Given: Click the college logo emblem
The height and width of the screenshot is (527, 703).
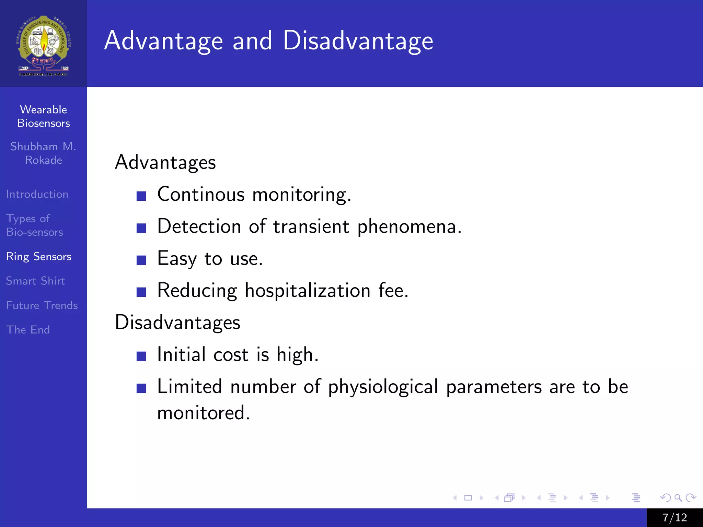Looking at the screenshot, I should pyautogui.click(x=43, y=45).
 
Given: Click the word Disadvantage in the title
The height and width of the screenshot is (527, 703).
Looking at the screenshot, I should pyautogui.click(x=358, y=41).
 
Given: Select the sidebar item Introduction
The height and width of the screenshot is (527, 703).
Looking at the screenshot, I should pyautogui.click(x=37, y=194).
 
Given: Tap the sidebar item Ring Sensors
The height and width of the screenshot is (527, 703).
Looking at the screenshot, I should pyautogui.click(x=38, y=257).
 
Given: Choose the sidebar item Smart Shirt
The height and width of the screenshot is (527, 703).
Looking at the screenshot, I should pyautogui.click(x=35, y=281).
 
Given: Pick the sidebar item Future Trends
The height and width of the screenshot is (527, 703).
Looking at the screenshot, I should pyautogui.click(x=42, y=305).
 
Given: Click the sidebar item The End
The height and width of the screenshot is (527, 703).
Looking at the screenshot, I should pyautogui.click(x=28, y=330).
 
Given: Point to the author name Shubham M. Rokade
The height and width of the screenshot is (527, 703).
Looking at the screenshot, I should pyautogui.click(x=43, y=153).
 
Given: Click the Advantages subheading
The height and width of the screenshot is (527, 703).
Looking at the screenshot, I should pyautogui.click(x=165, y=162).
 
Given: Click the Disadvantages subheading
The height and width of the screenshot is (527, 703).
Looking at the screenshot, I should pyautogui.click(x=177, y=323).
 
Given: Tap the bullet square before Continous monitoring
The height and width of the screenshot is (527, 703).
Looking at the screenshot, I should pyautogui.click(x=141, y=196).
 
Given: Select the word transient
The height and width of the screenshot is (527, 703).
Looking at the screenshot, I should pyautogui.click(x=311, y=227).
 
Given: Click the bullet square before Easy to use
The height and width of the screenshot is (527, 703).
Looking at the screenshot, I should pyautogui.click(x=141, y=260).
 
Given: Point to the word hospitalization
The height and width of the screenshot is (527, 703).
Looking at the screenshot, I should pyautogui.click(x=308, y=291).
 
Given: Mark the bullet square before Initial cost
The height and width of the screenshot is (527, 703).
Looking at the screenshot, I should pyautogui.click(x=141, y=356).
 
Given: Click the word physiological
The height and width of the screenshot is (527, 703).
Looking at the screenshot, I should pyautogui.click(x=383, y=387).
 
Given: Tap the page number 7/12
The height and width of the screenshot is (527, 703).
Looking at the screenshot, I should pyautogui.click(x=675, y=517).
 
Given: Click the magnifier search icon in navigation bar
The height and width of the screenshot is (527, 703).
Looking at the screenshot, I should pyautogui.click(x=678, y=497).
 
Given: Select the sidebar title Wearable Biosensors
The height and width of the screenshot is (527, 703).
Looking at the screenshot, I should pyautogui.click(x=43, y=116).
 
